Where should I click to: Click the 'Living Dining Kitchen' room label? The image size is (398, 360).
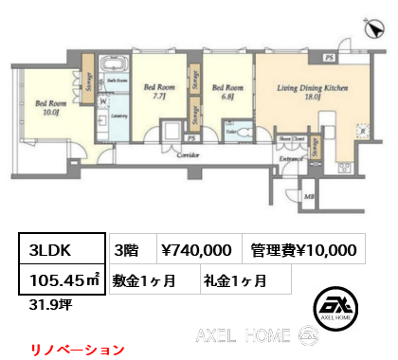pos(305,89)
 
